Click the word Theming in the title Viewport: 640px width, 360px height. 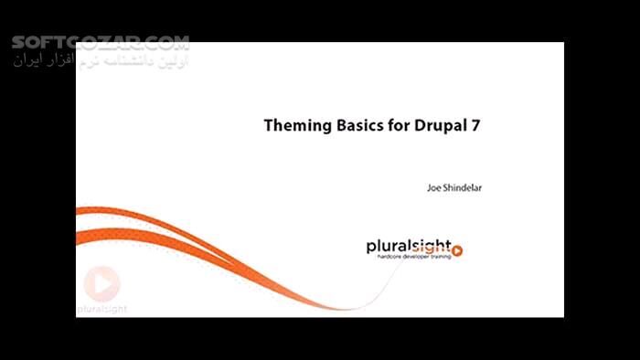pos(294,126)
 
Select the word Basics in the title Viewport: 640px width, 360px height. pos(357,126)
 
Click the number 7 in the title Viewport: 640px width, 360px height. pos(475,126)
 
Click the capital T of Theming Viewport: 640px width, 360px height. pos(269,126)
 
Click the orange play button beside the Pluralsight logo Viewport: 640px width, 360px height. pos(457,250)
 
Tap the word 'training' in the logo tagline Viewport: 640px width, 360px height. pos(441,258)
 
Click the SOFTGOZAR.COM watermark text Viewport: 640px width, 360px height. pos(101,43)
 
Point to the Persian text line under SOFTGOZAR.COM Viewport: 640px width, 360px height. pos(101,61)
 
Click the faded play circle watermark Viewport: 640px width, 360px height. pos(101,283)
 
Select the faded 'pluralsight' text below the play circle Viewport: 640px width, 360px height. pos(101,309)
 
